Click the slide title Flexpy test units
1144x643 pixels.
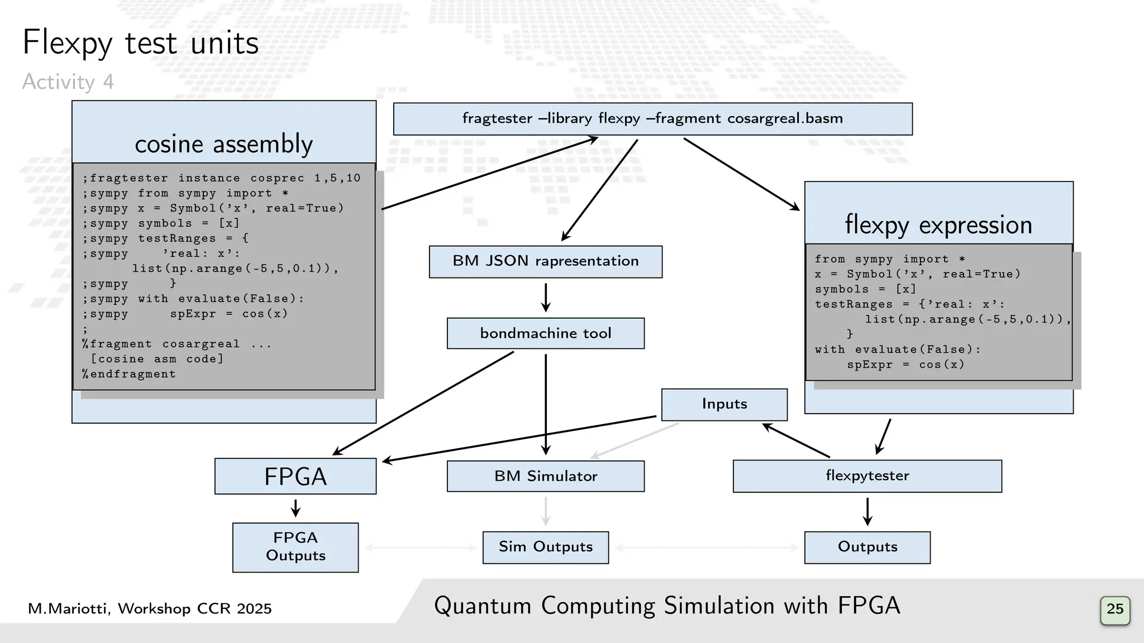[x=140, y=43]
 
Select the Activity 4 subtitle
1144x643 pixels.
[x=68, y=82]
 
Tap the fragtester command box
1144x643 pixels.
[x=652, y=119]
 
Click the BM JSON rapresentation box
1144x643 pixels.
[x=545, y=261]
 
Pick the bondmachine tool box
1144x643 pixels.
[x=545, y=333]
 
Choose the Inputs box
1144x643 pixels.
[x=724, y=404]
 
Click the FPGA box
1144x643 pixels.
[x=295, y=476]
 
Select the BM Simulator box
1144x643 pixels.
[x=545, y=476]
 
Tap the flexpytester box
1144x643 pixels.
[x=867, y=476]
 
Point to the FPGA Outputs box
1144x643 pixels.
[x=295, y=547]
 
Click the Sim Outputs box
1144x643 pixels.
[x=545, y=547]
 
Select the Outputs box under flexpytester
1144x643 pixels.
[x=867, y=547]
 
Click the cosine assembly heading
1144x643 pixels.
[x=223, y=144]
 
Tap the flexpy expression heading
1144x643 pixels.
[x=938, y=224]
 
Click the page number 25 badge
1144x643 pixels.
[x=1114, y=609]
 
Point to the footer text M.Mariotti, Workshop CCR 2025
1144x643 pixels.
[x=150, y=608]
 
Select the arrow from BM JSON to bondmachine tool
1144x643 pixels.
[x=546, y=297]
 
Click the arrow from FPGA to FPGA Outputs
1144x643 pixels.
[x=295, y=508]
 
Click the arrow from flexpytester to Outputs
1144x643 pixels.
[x=867, y=511]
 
